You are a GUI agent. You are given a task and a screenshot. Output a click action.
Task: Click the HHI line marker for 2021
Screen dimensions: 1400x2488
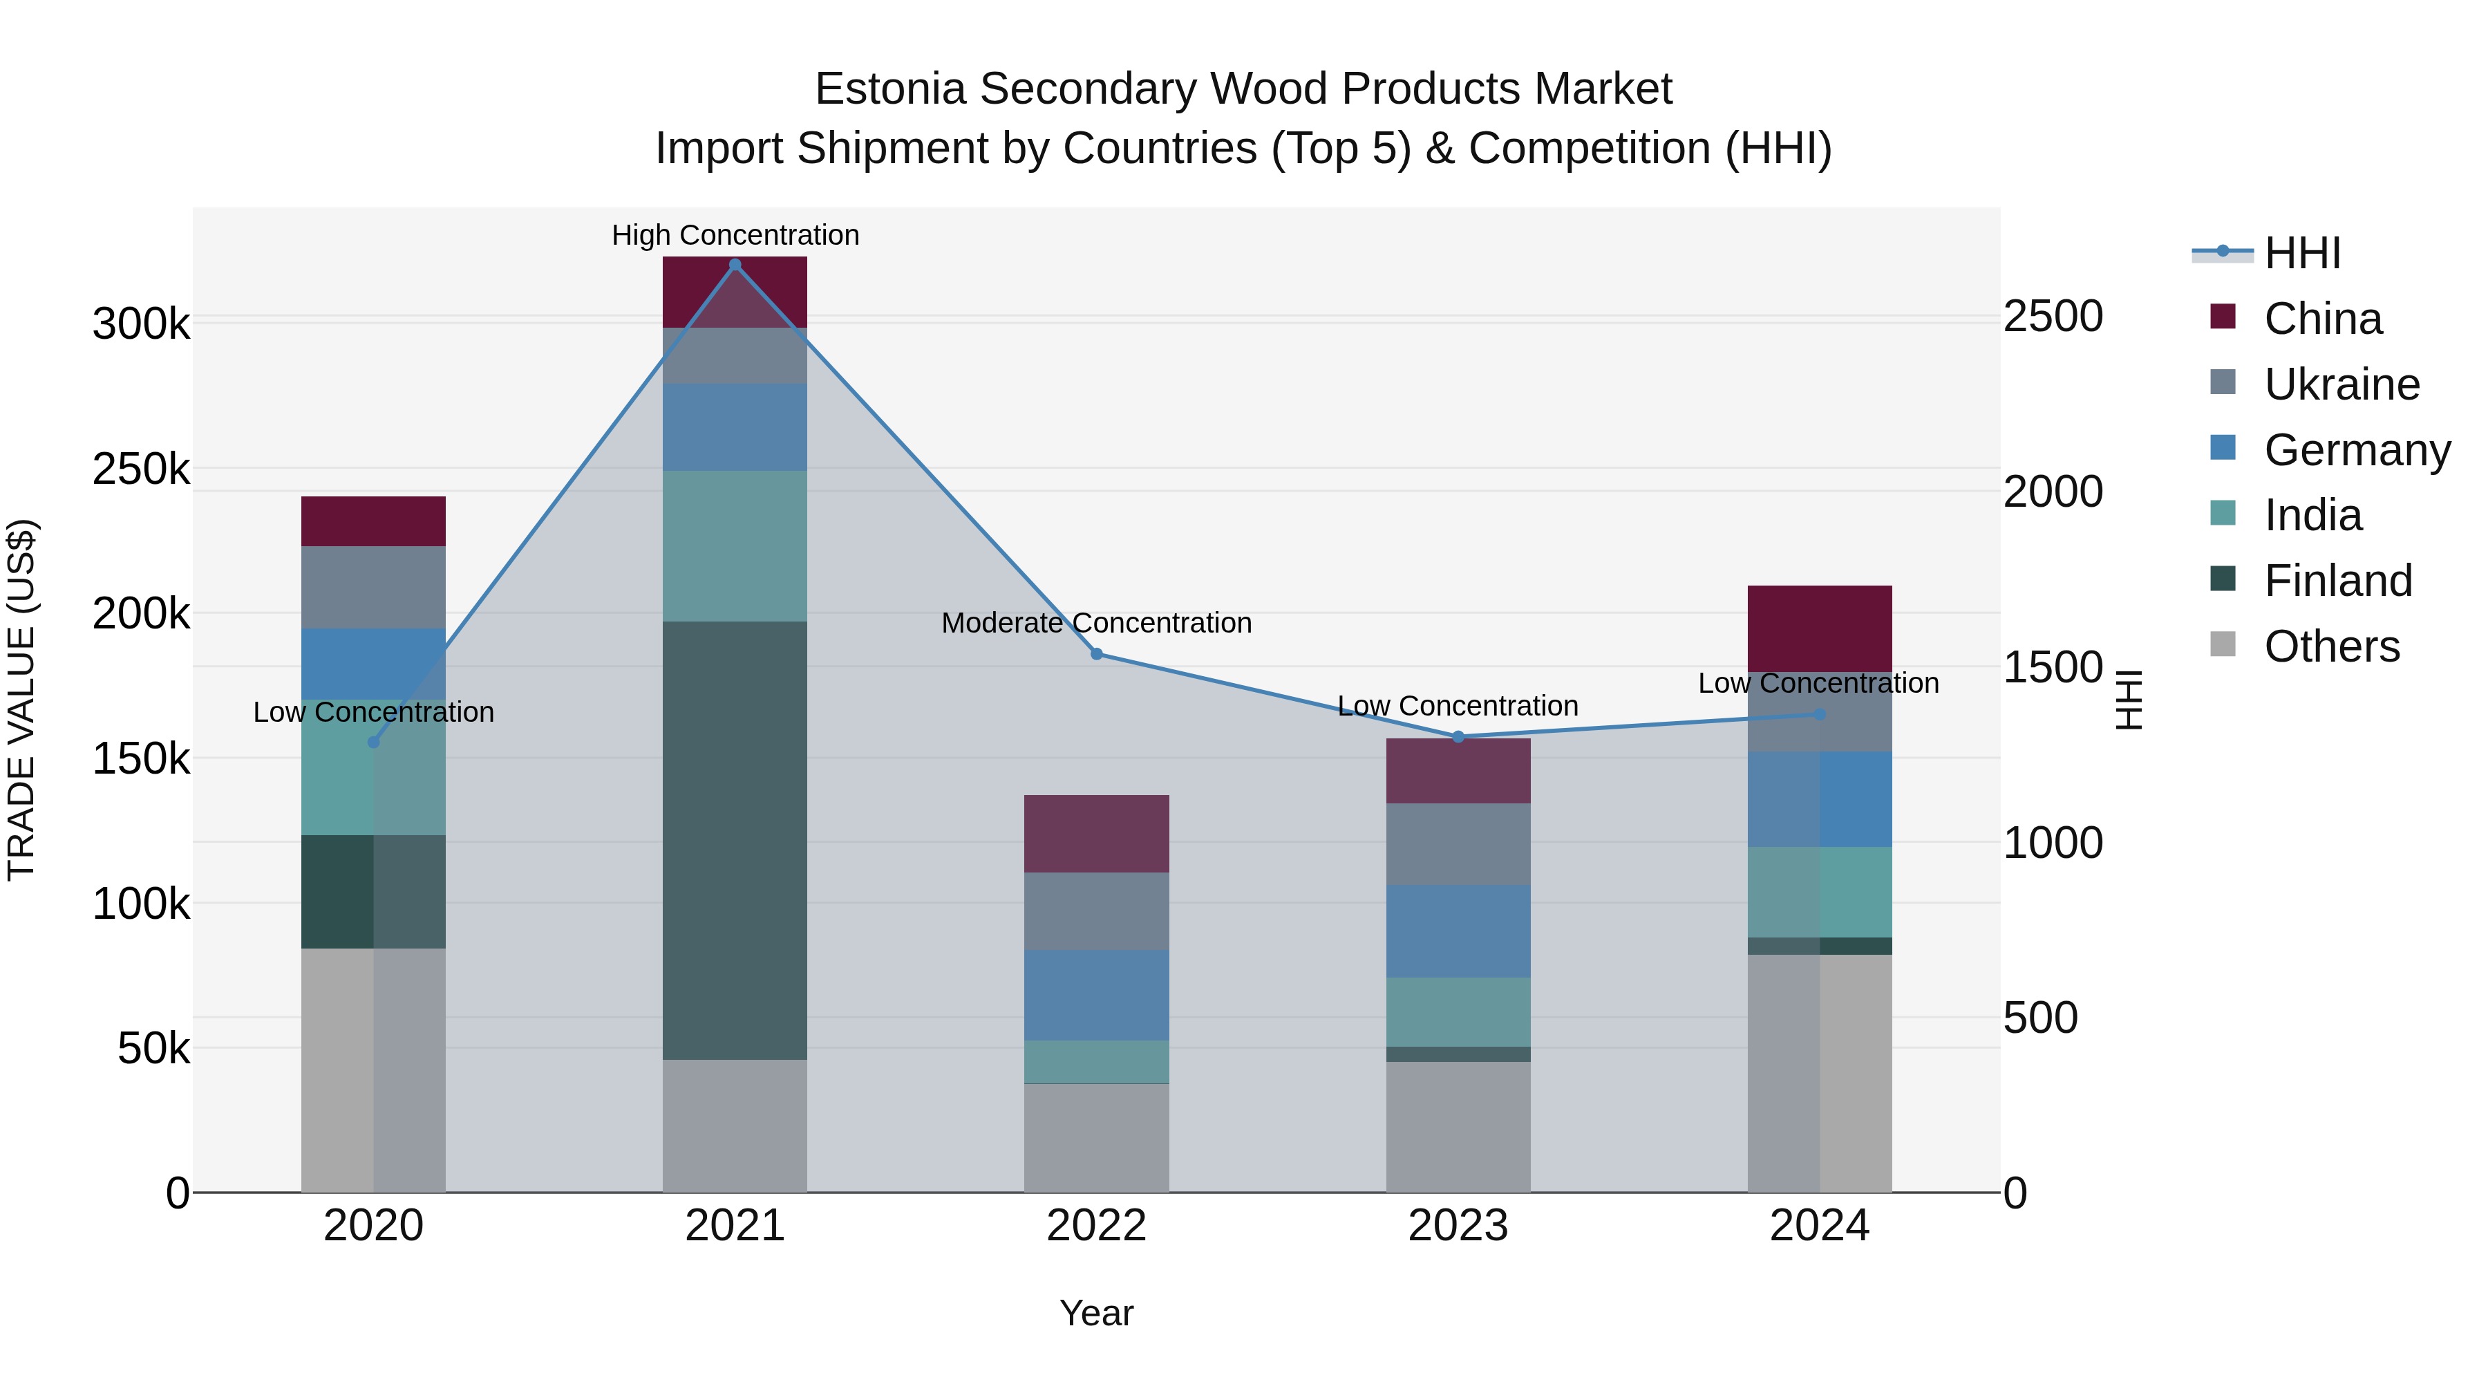pos(735,265)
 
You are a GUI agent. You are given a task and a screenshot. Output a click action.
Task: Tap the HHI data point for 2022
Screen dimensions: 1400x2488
pos(1096,654)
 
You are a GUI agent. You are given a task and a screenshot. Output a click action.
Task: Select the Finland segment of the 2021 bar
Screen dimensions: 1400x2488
pos(735,841)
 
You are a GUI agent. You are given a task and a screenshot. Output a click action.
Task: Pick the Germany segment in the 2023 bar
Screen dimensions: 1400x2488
pos(1458,931)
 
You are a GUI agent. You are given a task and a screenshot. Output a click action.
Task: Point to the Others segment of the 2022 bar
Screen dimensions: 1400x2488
pos(1096,1138)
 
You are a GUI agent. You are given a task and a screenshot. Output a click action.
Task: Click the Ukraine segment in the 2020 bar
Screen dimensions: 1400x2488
pos(374,588)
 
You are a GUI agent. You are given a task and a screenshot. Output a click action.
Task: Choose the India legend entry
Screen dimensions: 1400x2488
pos(2312,515)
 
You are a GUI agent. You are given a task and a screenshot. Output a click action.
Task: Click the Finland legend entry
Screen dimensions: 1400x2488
pos(2337,581)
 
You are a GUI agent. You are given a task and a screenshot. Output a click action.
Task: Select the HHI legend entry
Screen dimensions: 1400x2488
pos(2301,253)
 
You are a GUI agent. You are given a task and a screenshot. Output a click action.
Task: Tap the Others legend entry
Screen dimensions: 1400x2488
pos(2332,646)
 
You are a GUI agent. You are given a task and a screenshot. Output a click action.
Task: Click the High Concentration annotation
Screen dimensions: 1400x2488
pos(735,235)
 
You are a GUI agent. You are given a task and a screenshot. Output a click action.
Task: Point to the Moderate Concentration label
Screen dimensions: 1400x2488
pos(1096,623)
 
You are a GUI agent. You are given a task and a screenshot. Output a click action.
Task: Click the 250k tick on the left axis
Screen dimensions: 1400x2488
pos(141,469)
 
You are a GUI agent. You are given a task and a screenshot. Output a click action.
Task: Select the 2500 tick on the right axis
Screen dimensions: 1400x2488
pos(2053,317)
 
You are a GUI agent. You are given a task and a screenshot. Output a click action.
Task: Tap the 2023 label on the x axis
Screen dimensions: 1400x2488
pos(1458,1226)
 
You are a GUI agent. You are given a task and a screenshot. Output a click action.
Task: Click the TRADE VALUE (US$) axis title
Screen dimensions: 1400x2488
pos(21,700)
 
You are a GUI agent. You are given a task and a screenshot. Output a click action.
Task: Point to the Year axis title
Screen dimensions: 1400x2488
pos(1096,1313)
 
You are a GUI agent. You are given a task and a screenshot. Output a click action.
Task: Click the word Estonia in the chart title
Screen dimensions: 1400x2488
pos(889,89)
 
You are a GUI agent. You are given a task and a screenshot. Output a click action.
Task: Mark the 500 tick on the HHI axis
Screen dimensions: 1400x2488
pos(2040,1018)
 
